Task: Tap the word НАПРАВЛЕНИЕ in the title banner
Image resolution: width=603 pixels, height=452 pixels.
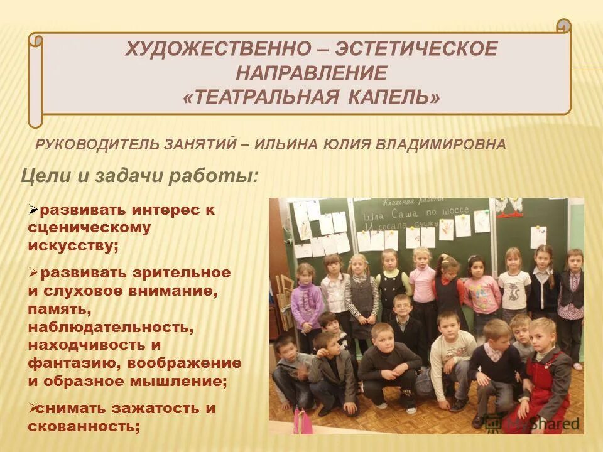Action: tap(312, 72)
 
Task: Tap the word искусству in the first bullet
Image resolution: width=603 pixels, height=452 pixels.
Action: tap(73, 245)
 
